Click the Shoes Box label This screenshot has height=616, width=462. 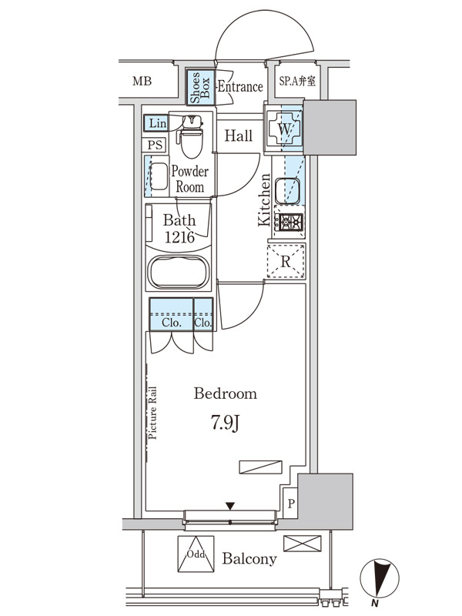pyautogui.click(x=200, y=87)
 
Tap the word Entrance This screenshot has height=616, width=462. pyautogui.click(x=240, y=86)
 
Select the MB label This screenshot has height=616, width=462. pyautogui.click(x=142, y=81)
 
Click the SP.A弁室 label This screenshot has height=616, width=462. pyautogui.click(x=297, y=81)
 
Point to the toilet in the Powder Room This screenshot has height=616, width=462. pyautogui.click(x=191, y=136)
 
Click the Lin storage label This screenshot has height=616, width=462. pyautogui.click(x=157, y=123)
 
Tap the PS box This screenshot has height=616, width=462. pyautogui.click(x=155, y=145)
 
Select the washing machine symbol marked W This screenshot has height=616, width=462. pyautogui.click(x=284, y=129)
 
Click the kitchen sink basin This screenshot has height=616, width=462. pyautogui.click(x=287, y=190)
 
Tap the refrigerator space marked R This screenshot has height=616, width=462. pyautogui.click(x=286, y=261)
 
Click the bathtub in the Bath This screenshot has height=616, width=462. pyautogui.click(x=179, y=272)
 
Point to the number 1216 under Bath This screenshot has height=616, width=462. pyautogui.click(x=179, y=237)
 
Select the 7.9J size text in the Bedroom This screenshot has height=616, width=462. pyautogui.click(x=225, y=422)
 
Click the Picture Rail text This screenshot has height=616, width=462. pyautogui.click(x=152, y=413)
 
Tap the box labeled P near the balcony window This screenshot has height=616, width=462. pyautogui.click(x=291, y=504)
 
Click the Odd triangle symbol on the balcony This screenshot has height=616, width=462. pyautogui.click(x=196, y=554)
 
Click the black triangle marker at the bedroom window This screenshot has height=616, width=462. pyautogui.click(x=230, y=506)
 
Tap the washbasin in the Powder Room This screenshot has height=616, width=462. pyautogui.click(x=159, y=176)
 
